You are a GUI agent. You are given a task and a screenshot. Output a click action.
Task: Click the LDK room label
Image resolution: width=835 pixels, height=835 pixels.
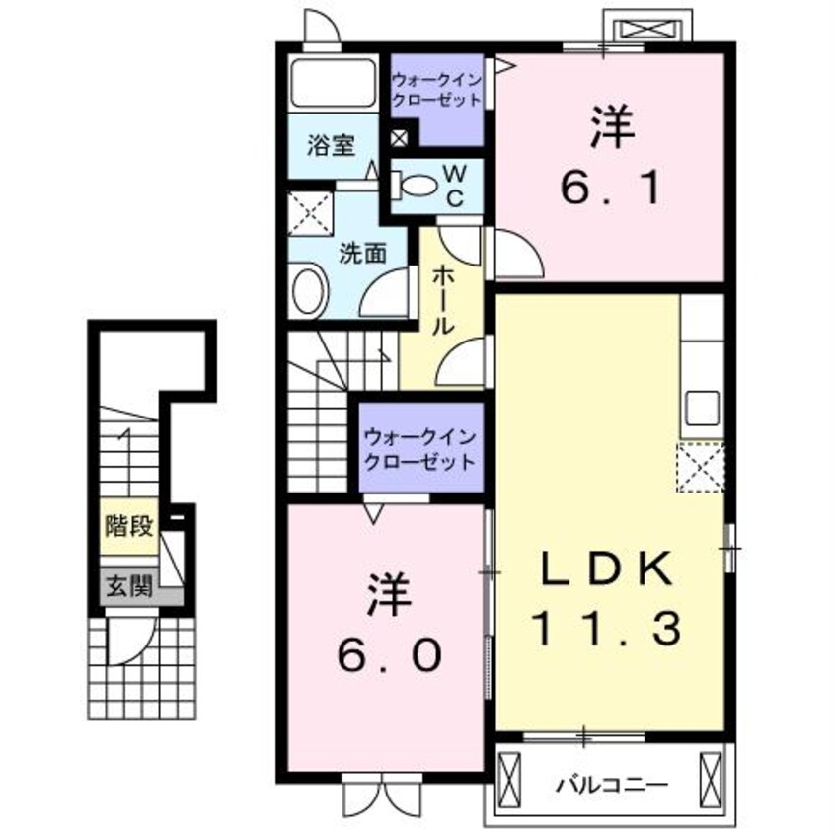[x=605, y=569]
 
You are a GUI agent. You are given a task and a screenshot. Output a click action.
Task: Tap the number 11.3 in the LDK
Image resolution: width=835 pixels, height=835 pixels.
[x=605, y=628]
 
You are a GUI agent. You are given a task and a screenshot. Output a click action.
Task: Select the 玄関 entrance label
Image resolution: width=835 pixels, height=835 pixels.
[x=128, y=588]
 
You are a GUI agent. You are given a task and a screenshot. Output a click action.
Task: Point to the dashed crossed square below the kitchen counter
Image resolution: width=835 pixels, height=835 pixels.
[x=701, y=467]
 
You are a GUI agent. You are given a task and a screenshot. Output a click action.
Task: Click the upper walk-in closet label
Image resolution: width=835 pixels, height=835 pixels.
[x=437, y=89]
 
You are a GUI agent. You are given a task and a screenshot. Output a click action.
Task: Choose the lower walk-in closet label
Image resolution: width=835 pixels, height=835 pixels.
[x=419, y=448]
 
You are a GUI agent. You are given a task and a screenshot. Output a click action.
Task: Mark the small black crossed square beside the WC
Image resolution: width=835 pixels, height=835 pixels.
[x=399, y=139]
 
